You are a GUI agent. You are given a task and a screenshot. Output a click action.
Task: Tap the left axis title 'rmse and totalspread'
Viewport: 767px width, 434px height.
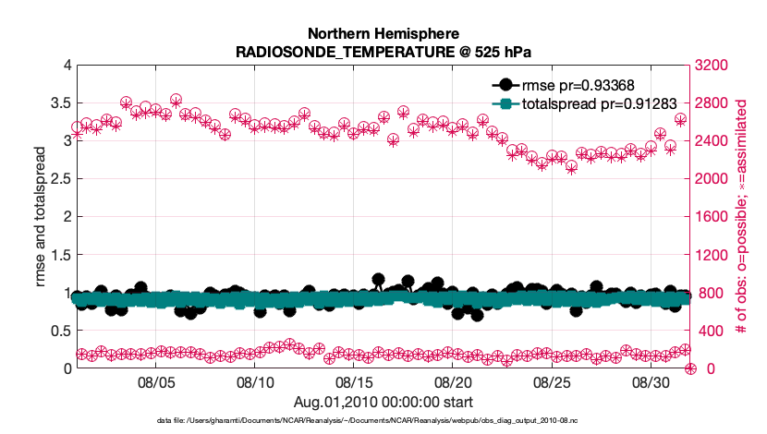click(41, 216)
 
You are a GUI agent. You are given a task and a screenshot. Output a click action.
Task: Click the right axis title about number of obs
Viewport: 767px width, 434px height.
click(740, 216)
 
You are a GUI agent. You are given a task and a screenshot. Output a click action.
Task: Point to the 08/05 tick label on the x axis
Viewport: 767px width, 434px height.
click(156, 381)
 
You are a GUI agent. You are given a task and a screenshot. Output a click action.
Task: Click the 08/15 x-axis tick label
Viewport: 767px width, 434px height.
click(354, 381)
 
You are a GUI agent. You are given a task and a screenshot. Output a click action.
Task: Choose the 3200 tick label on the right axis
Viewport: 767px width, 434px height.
click(712, 65)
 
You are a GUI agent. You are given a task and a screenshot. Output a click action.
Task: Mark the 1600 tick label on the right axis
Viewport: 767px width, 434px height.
click(712, 216)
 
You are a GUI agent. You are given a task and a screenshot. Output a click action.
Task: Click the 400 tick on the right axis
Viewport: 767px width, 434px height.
click(708, 331)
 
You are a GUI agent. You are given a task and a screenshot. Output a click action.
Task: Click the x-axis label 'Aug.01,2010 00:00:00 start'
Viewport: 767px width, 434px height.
click(383, 402)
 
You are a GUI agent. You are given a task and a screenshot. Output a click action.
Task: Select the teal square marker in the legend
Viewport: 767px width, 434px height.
click(504, 104)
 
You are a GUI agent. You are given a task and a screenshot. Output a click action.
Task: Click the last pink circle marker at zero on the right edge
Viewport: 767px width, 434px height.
click(690, 368)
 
